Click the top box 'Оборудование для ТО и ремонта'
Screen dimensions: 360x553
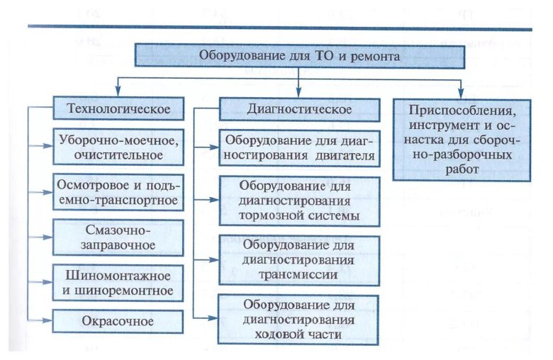click(301, 54)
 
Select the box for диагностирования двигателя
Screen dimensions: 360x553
click(299, 149)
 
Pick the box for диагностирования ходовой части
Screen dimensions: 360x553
click(299, 319)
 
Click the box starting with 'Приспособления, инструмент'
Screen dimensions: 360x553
click(461, 139)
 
